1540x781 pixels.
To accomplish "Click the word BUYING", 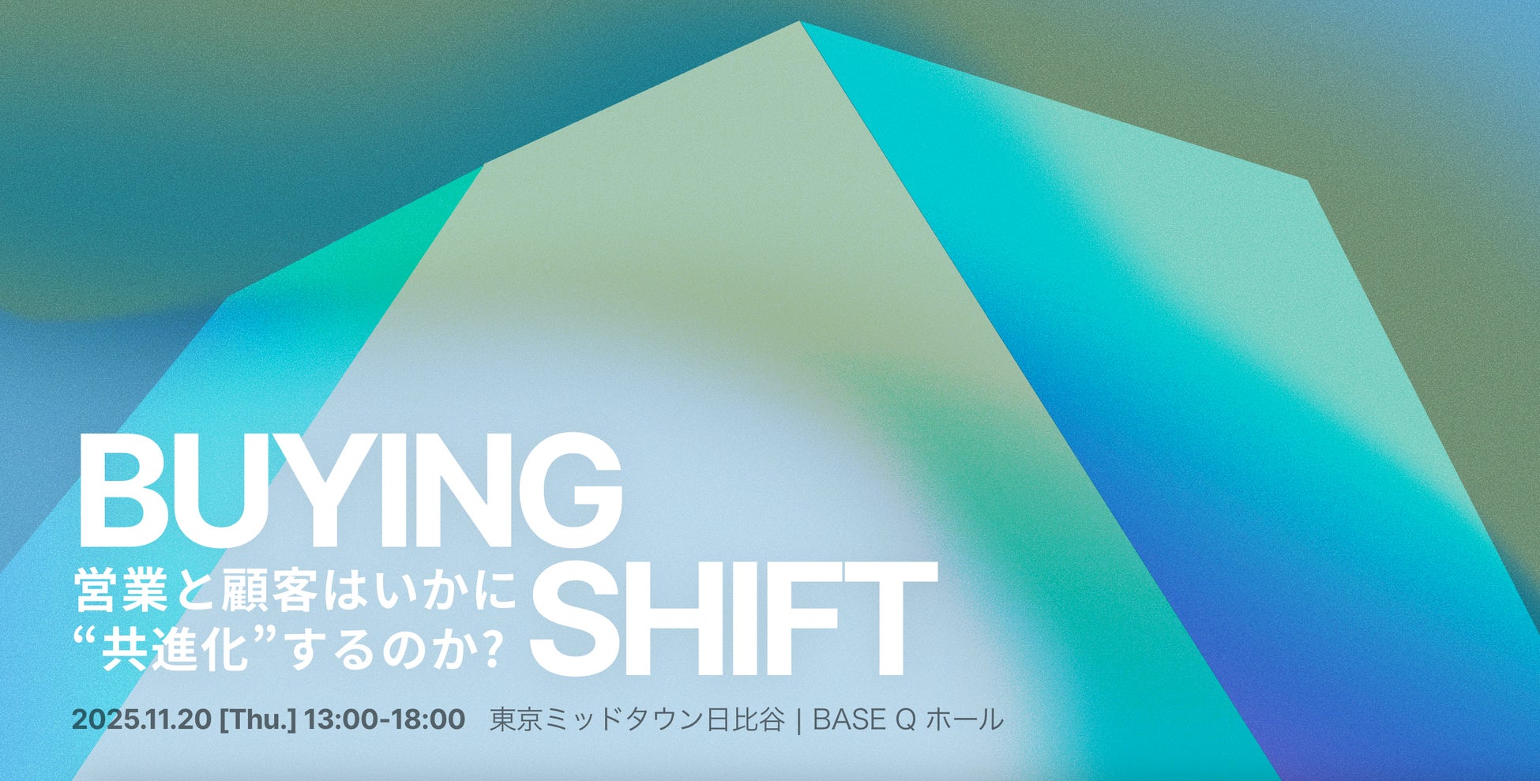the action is click(350, 491).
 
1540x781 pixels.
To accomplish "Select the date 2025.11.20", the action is click(141, 719).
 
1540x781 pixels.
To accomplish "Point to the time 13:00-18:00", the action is click(385, 719).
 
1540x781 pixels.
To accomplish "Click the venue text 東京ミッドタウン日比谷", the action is click(637, 719).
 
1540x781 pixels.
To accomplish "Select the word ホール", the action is click(964, 719).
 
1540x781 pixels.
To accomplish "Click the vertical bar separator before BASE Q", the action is click(799, 720).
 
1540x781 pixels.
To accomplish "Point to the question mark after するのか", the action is click(491, 650).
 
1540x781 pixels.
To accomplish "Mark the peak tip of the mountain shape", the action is click(800, 22).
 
